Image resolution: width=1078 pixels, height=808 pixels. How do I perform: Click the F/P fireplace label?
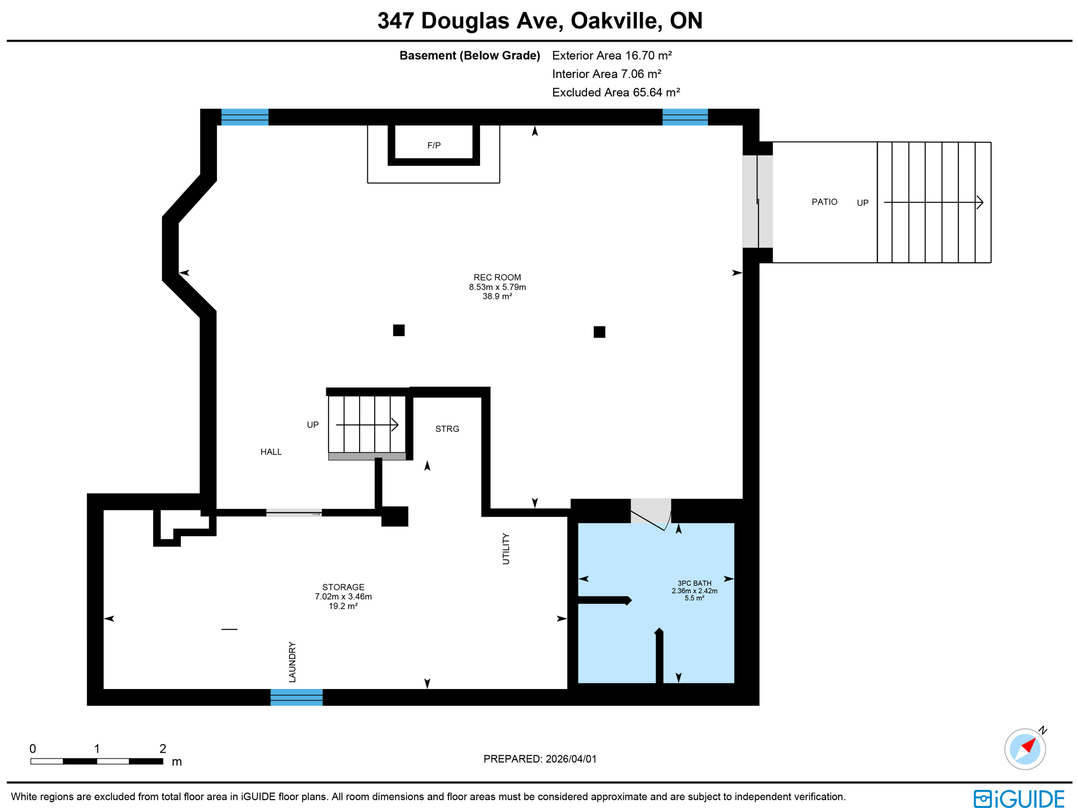point(433,145)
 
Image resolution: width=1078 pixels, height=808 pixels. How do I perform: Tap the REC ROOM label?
point(497,278)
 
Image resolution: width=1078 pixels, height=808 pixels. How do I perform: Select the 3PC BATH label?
point(694,583)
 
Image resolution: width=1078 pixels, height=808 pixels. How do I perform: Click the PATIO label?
point(824,202)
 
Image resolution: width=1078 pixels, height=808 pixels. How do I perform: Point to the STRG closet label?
point(447,429)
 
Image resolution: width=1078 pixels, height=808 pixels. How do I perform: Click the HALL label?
point(271,451)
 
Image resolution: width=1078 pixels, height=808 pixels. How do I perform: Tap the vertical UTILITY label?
point(506,548)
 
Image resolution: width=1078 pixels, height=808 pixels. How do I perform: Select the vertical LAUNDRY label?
point(292,662)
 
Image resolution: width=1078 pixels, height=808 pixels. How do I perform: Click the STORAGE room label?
point(343,587)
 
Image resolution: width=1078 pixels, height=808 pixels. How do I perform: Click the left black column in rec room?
point(398,330)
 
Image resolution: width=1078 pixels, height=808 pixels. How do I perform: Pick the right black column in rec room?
point(599,332)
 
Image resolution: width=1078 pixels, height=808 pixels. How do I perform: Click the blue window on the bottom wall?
point(296,697)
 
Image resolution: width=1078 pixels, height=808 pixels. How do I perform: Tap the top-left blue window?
point(245,117)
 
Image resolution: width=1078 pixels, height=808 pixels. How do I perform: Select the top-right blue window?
point(685,117)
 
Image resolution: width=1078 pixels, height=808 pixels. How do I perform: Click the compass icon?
point(1024,748)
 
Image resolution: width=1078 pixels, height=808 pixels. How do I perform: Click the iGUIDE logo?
point(1019,798)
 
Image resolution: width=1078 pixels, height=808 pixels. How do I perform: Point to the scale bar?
point(97,761)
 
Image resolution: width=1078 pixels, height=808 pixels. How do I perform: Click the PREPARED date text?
point(540,759)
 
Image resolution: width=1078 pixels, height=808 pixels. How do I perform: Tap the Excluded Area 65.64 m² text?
point(616,93)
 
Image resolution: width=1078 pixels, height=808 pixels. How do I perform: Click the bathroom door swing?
point(651,515)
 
